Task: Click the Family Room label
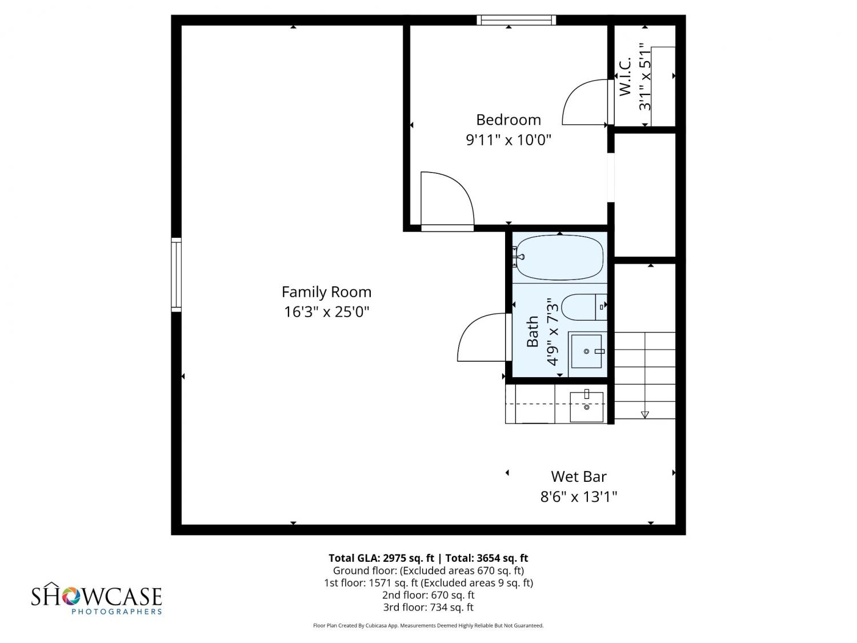pos(326,292)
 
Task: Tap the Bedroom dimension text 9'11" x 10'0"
pos(508,139)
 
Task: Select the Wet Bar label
pos(578,476)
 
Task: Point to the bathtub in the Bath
pos(559,257)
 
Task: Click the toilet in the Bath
pos(584,307)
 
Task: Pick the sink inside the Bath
pos(586,351)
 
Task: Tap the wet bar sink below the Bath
pos(586,406)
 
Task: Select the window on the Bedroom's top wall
pos(516,20)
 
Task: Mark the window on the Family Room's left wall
pos(176,274)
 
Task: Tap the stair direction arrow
pos(644,414)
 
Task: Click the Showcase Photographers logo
pos(97,598)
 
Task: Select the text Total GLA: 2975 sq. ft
pos(381,558)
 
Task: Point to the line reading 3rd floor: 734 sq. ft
pos(428,607)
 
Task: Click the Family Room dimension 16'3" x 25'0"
pos(326,311)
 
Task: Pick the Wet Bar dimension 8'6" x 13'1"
pos(578,497)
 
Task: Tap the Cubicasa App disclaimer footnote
pos(428,625)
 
